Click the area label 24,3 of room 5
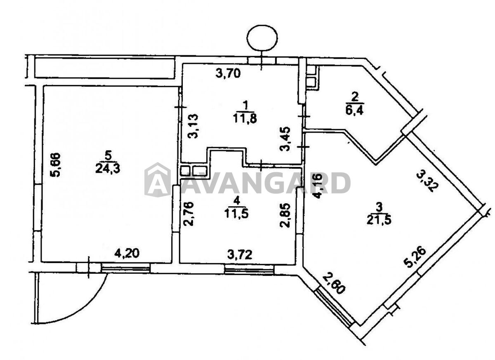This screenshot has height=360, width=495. click(x=108, y=169)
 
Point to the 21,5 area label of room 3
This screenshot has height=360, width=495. click(x=379, y=220)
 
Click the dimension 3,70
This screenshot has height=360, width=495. click(x=228, y=73)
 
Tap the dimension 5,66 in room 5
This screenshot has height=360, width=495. click(x=55, y=165)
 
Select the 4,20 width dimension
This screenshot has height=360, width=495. click(x=127, y=253)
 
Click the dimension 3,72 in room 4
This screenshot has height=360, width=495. click(x=240, y=255)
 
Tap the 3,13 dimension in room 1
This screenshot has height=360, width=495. click(x=193, y=126)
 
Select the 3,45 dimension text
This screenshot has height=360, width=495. click(x=285, y=139)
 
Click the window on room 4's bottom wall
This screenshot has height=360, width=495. click(x=249, y=270)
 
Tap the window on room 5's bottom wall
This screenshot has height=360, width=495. click(x=125, y=268)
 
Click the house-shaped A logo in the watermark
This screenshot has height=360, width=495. click(x=158, y=180)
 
